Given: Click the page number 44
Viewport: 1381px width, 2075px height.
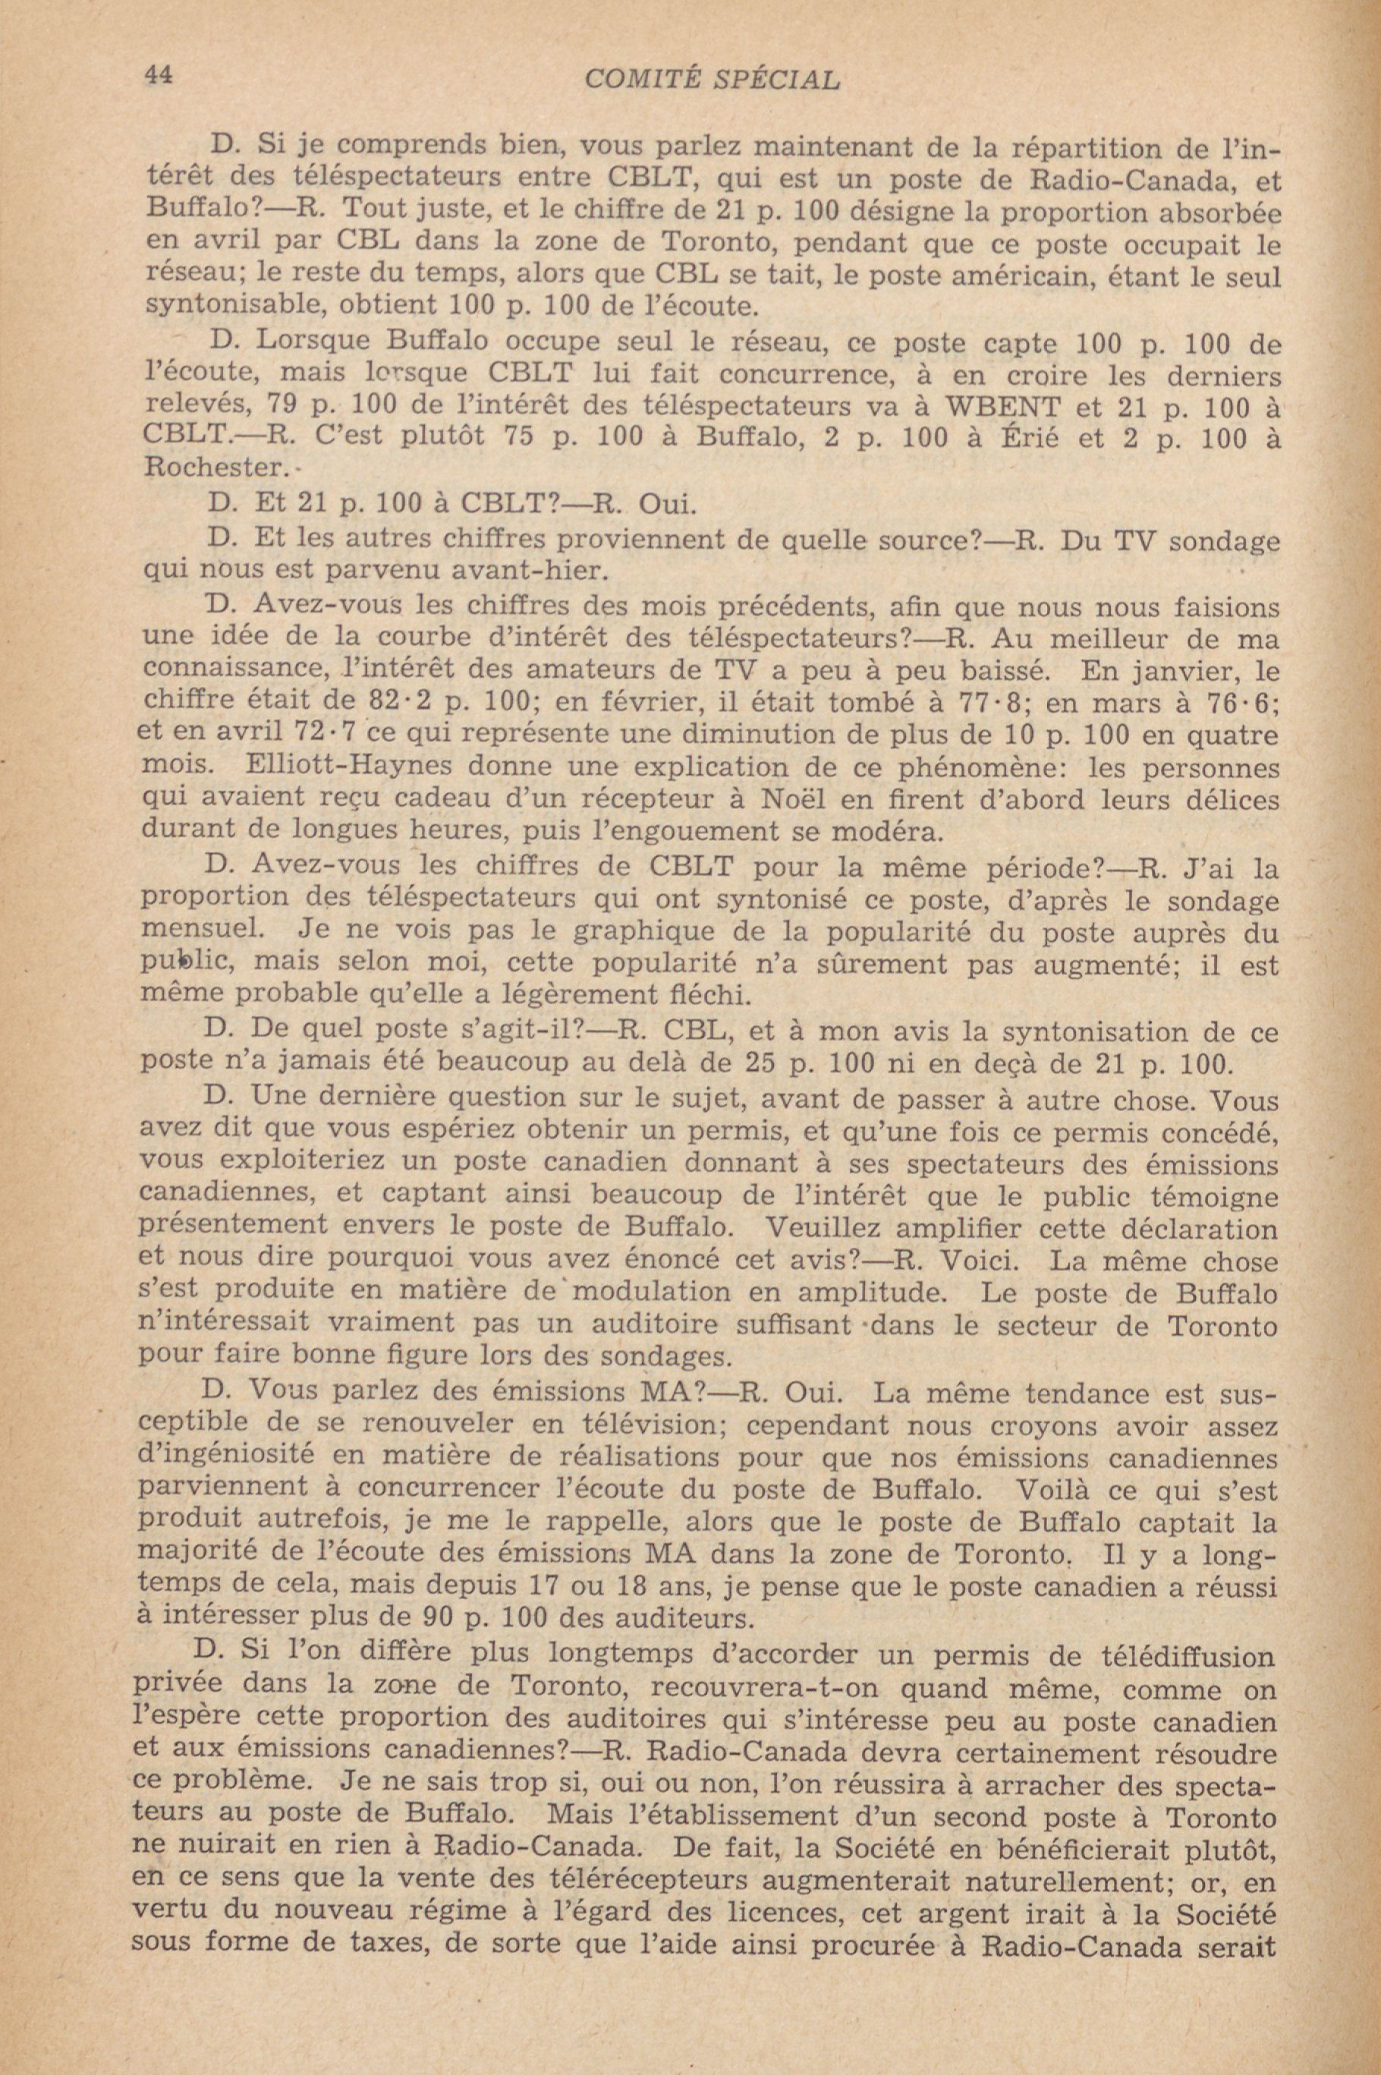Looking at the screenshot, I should tap(157, 76).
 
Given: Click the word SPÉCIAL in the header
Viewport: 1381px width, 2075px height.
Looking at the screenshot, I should tap(779, 80).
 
